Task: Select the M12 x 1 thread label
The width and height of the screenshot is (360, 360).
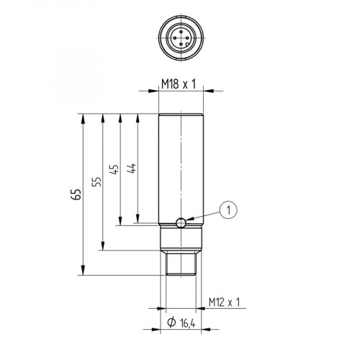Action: (222, 301)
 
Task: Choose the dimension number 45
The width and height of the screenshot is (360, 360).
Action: (112, 170)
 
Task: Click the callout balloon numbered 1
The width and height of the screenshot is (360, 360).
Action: (229, 210)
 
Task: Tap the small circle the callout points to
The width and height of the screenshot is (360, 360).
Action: (180, 222)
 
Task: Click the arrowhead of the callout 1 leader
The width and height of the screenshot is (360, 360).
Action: (187, 220)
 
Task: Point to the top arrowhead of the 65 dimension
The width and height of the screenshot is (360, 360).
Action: (84, 117)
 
